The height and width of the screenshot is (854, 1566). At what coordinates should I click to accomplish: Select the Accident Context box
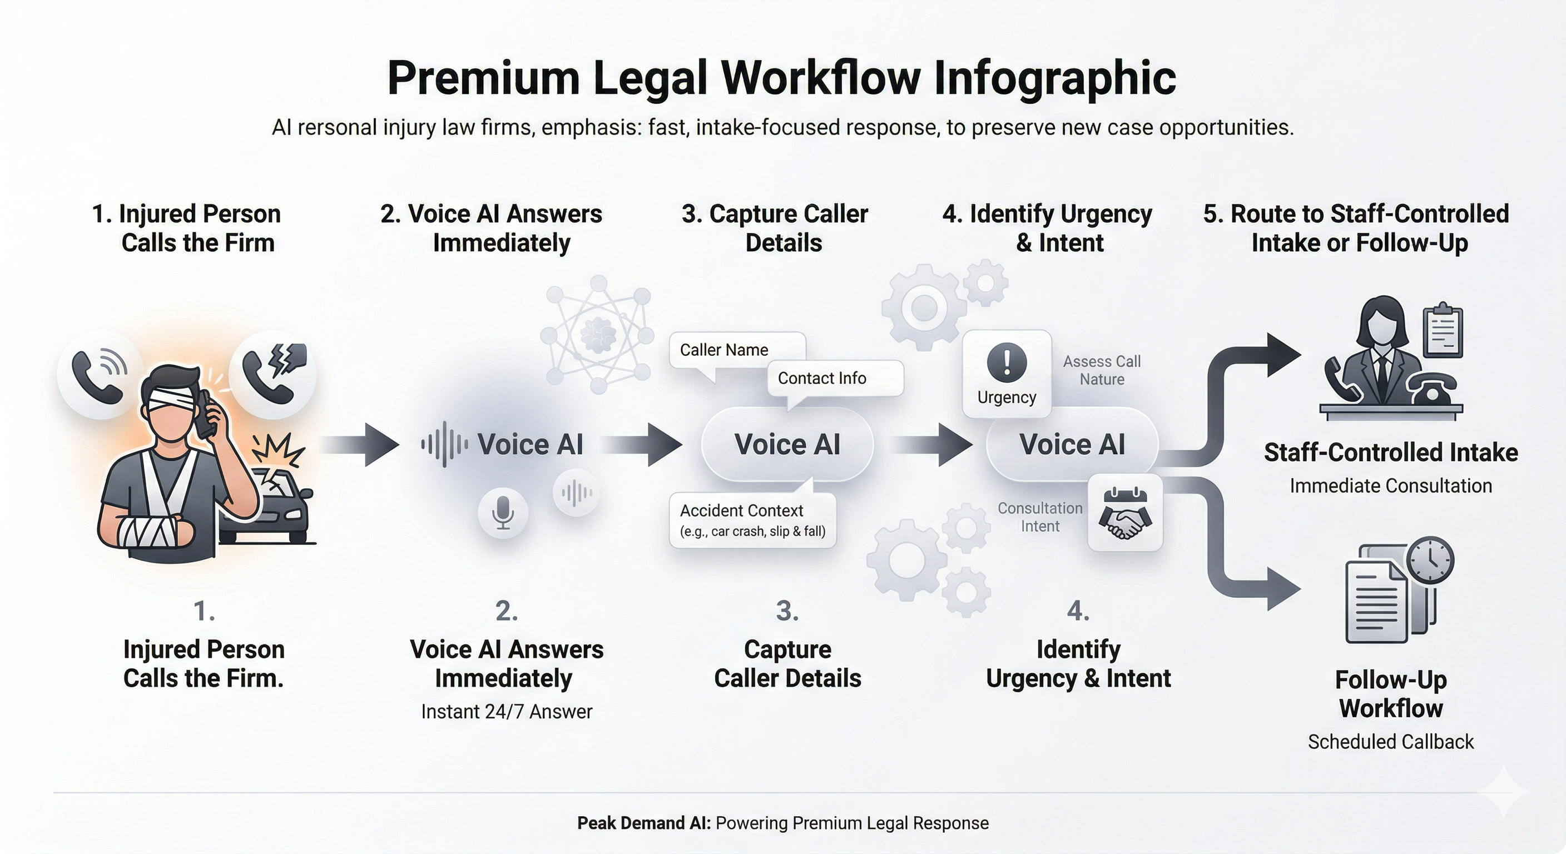coord(752,520)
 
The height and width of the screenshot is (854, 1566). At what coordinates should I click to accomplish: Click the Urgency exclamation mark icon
coord(1007,363)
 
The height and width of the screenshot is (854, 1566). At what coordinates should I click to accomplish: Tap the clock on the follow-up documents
coord(1430,560)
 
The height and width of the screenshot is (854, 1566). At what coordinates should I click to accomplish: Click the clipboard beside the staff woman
coord(1443,331)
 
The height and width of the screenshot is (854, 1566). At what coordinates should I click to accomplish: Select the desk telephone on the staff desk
coord(1433,389)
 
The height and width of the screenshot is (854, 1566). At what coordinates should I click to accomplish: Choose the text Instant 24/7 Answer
coord(507,711)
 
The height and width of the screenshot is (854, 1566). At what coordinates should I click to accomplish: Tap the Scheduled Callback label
coord(1390,742)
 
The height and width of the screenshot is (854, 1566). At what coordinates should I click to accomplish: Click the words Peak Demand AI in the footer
coord(643,823)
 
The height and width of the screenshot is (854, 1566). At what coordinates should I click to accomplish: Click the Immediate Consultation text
coord(1390,485)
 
